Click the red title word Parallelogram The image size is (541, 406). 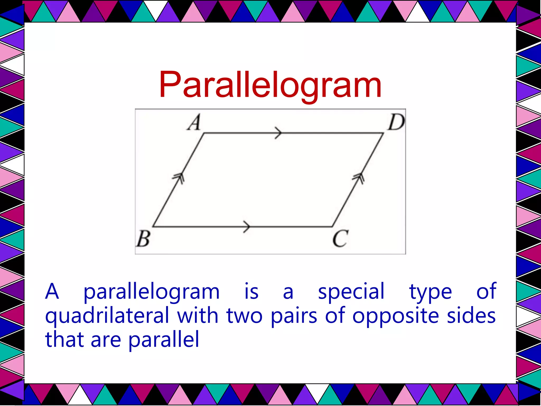coord(270,85)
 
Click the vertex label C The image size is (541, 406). coord(340,238)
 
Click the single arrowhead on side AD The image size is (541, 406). coord(278,133)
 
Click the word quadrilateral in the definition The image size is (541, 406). coord(107,316)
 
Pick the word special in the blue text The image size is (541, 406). coord(351,291)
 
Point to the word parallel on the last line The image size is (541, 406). coord(164,339)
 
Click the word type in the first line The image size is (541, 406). coord(430,292)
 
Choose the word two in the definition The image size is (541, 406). coord(245,316)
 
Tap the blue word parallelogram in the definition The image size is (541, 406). coord(151,292)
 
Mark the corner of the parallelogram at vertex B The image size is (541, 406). coord(153,227)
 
